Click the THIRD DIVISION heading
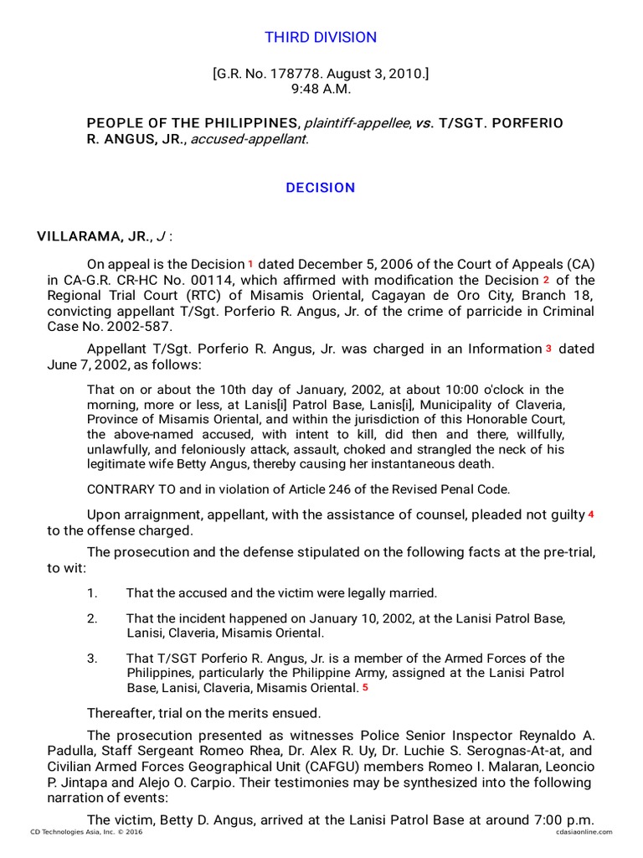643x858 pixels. (321, 38)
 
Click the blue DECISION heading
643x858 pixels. (321, 188)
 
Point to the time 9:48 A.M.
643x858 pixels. (321, 89)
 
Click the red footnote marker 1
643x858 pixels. (249, 263)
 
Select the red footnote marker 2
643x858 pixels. (546, 279)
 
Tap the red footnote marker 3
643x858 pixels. (548, 349)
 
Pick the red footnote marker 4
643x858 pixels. (590, 514)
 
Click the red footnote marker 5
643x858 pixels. (365, 688)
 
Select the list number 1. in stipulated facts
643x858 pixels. (92, 593)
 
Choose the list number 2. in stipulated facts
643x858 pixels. (92, 618)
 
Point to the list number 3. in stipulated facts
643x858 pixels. (92, 659)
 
